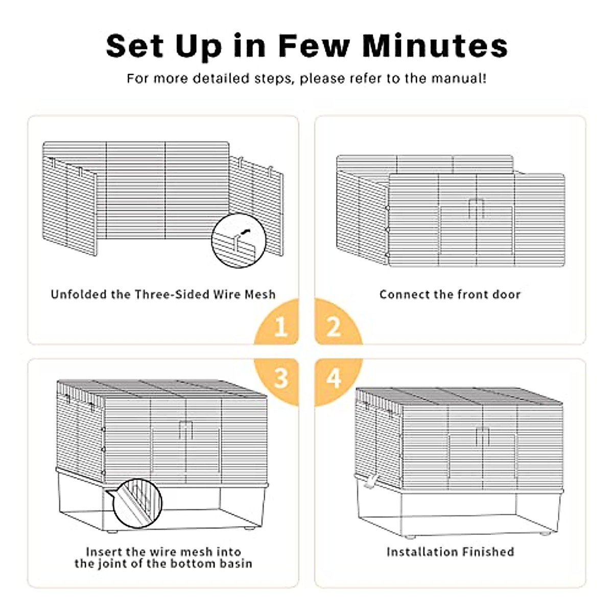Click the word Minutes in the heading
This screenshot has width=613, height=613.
435,45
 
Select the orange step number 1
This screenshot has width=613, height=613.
280,326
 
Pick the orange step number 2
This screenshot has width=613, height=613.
334,326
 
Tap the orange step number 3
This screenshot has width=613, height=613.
280,379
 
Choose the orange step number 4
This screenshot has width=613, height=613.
334,379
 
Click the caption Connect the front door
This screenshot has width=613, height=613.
450,295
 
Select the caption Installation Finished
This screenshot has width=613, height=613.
450,552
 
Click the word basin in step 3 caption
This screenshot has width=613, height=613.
235,564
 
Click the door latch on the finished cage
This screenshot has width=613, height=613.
482,436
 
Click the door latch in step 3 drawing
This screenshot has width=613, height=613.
185,430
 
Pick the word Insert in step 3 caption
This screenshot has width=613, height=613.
104,552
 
